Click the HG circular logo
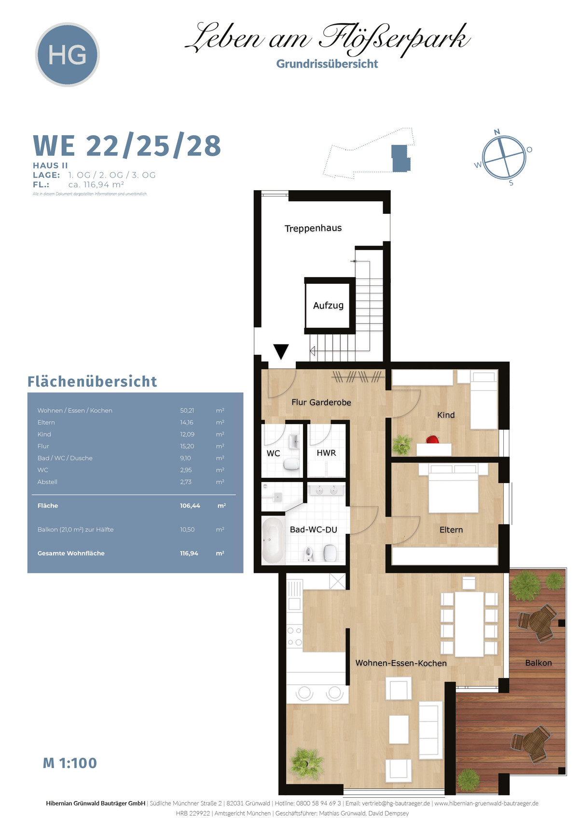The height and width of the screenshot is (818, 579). (x=68, y=55)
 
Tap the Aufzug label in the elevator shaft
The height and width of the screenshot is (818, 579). (x=328, y=305)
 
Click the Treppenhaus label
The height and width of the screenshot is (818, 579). (x=313, y=229)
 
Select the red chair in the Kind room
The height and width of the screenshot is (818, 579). (x=432, y=439)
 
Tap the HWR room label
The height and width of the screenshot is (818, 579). (x=326, y=453)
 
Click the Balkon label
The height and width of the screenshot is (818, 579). (x=538, y=663)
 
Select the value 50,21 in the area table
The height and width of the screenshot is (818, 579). (x=187, y=411)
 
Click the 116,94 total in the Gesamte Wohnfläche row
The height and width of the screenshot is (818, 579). (x=189, y=553)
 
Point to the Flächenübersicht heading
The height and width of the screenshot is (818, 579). (x=92, y=381)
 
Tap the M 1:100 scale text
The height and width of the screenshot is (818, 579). (x=70, y=763)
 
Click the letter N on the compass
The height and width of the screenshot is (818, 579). (x=497, y=132)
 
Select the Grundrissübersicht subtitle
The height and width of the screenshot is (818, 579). (x=327, y=64)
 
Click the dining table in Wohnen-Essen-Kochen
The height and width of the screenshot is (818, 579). (x=469, y=624)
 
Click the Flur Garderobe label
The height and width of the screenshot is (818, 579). (x=321, y=402)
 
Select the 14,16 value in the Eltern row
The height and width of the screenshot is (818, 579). (x=187, y=422)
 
